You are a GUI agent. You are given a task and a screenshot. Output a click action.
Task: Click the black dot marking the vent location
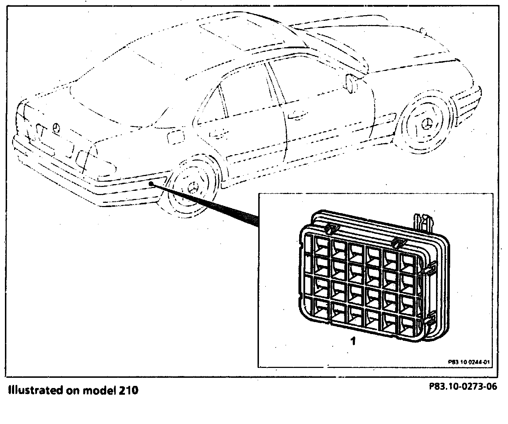(x=152, y=183)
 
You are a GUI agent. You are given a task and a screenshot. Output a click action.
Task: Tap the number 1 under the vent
(x=353, y=341)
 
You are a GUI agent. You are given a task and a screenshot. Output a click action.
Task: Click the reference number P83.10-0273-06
(x=463, y=387)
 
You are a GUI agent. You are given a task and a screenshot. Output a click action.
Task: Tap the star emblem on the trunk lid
(x=56, y=127)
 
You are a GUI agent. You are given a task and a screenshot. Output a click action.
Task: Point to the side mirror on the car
(x=350, y=83)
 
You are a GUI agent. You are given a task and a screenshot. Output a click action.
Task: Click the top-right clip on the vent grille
(x=398, y=242)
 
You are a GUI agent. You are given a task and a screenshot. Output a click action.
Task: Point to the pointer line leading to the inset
(x=208, y=205)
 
